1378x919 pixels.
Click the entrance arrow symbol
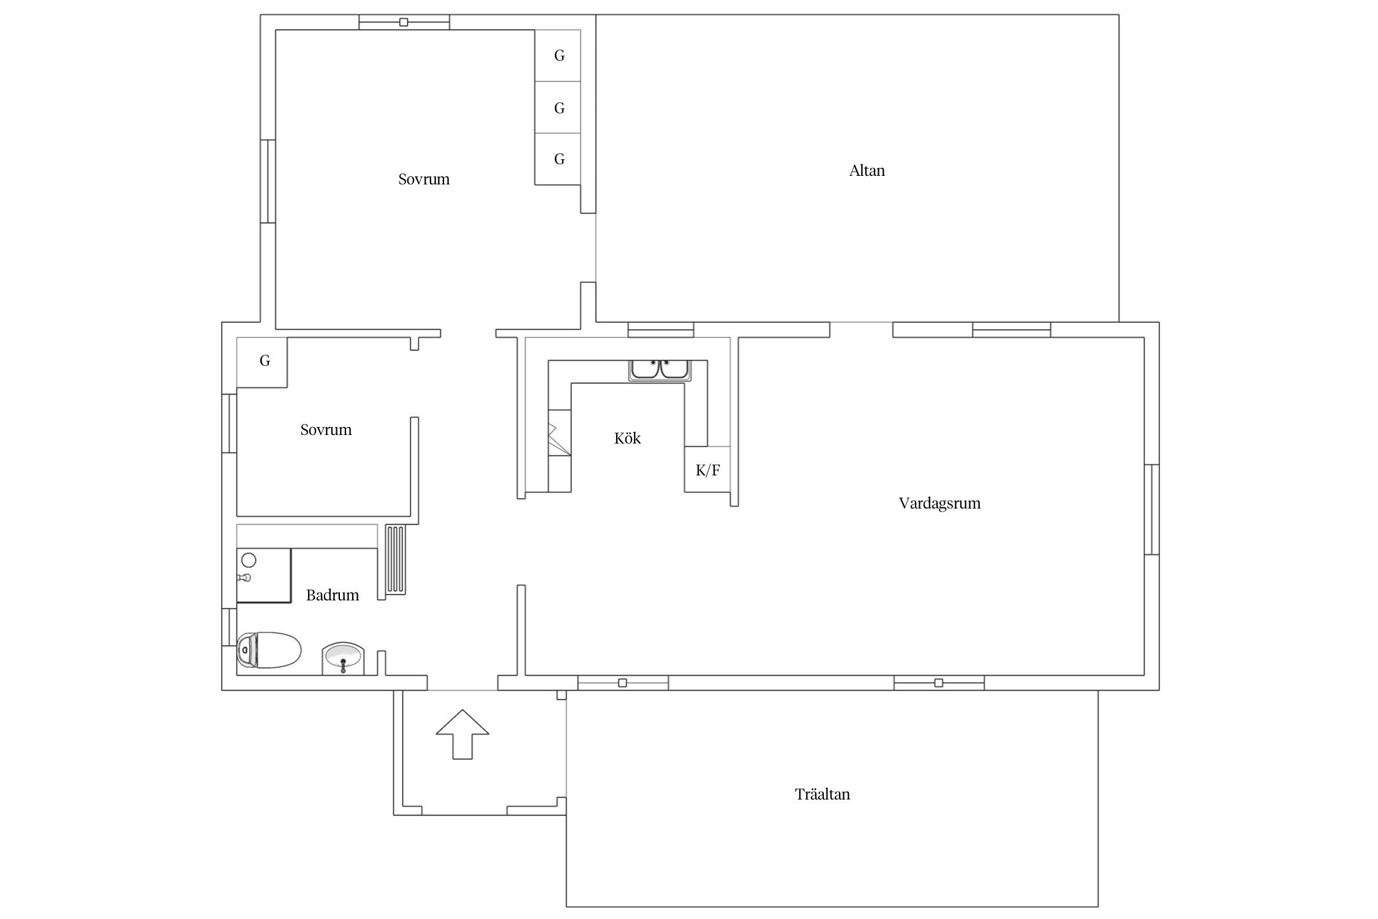(x=462, y=734)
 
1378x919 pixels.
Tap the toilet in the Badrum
(x=269, y=650)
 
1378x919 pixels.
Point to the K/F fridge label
(x=707, y=471)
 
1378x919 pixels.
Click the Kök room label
(x=627, y=438)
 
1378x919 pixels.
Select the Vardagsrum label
(x=939, y=504)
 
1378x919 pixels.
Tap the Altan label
(x=867, y=170)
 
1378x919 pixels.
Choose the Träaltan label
(x=822, y=794)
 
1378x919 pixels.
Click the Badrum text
(x=333, y=595)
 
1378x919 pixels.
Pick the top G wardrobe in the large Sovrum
(x=558, y=56)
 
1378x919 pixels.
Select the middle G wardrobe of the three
(x=558, y=108)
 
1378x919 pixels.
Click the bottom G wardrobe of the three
(x=558, y=159)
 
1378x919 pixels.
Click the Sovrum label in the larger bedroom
(x=424, y=180)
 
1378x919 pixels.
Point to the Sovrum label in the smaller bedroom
(x=326, y=430)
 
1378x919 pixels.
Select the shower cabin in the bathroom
(x=264, y=576)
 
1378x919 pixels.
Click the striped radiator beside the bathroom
(x=396, y=560)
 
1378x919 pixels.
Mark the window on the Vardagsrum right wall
(x=1151, y=510)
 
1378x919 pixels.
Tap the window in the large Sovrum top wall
(x=404, y=23)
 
